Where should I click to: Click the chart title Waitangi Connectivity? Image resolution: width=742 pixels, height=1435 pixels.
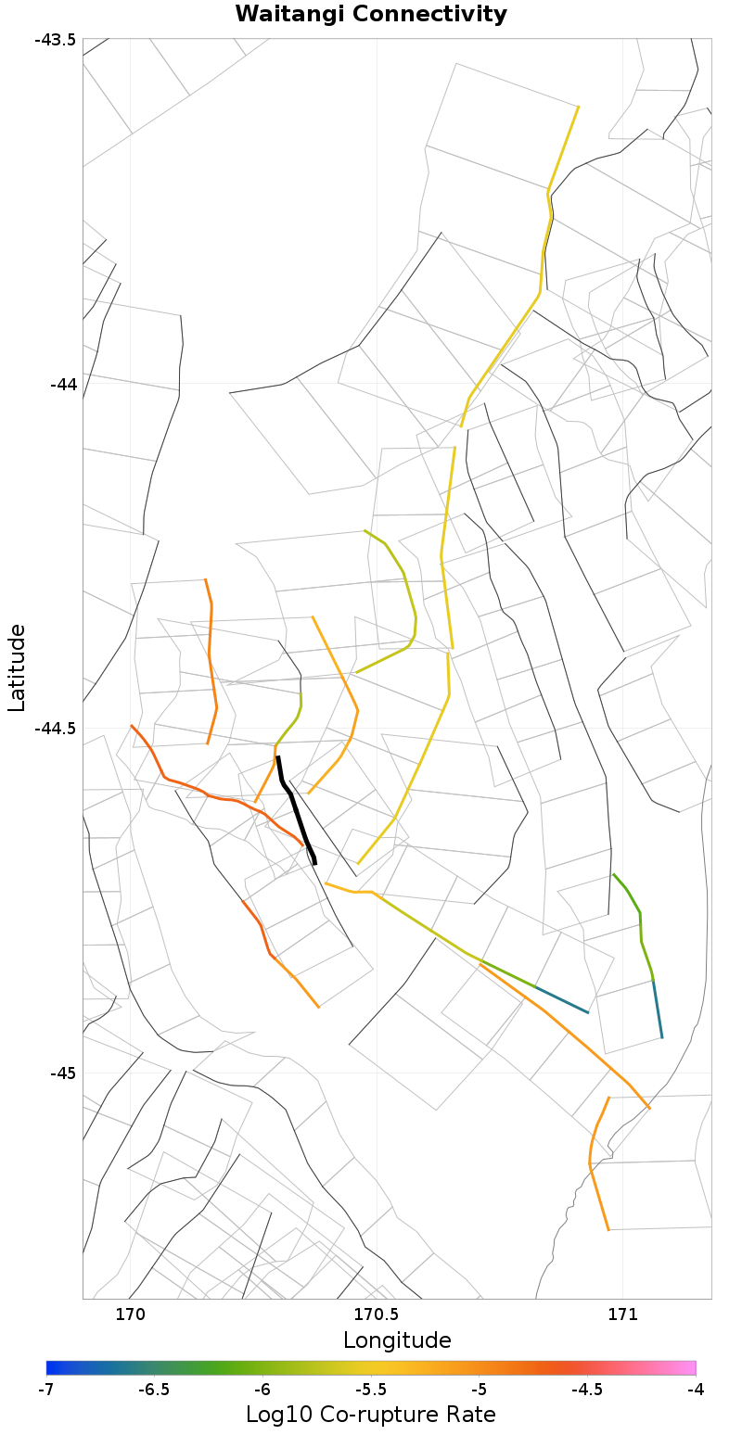(x=371, y=14)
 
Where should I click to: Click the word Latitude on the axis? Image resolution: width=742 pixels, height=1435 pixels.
(x=17, y=667)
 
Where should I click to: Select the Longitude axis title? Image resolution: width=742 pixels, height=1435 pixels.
(x=397, y=1340)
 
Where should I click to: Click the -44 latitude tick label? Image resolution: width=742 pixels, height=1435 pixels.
(x=63, y=384)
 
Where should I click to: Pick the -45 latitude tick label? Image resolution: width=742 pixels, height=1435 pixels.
(x=63, y=1073)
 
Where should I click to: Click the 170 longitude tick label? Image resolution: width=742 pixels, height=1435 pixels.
(x=130, y=1314)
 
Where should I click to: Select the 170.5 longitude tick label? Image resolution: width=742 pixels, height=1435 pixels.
(x=376, y=1314)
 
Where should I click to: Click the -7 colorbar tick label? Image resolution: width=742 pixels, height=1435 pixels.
(x=46, y=1389)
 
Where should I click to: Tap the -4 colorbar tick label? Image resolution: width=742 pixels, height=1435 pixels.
(x=696, y=1389)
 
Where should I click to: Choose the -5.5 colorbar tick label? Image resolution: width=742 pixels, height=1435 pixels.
(x=371, y=1389)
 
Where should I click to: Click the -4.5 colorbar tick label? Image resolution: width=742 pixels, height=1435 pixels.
(x=587, y=1389)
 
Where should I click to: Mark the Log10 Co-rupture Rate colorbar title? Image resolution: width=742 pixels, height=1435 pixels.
(x=371, y=1415)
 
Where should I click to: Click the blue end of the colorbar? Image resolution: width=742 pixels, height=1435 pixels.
(x=52, y=1367)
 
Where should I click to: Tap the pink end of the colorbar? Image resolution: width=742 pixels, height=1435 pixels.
(x=690, y=1367)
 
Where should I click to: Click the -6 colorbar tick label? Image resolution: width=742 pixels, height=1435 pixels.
(x=262, y=1389)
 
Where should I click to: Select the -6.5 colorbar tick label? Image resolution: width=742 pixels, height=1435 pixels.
(x=154, y=1389)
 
